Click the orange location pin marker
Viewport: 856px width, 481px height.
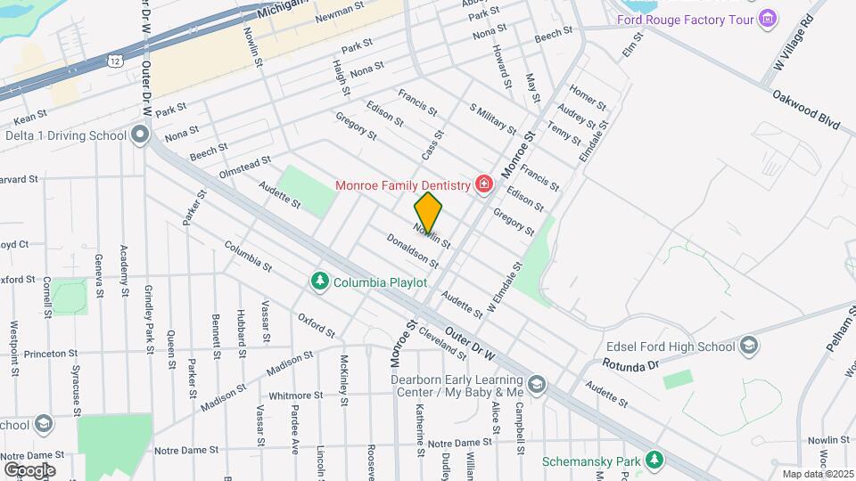pos(429,213)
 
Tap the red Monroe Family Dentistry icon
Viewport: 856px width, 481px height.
pos(484,184)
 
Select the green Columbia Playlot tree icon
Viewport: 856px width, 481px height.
pos(319,281)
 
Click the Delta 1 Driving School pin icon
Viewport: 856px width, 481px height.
pos(139,135)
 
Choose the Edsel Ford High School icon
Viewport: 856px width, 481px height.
pos(749,345)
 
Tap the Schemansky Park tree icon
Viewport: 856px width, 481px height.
pos(655,461)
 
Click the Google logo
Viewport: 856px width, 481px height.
pos(29,469)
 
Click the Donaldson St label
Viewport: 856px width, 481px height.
pos(412,251)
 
